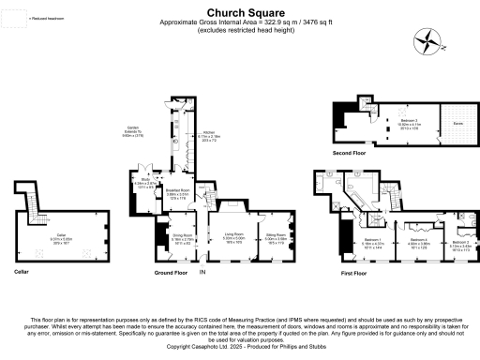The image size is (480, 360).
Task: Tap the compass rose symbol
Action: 430,39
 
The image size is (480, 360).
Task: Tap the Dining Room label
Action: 182,237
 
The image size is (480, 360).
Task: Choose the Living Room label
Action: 232,237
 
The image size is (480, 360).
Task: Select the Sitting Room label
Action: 275,237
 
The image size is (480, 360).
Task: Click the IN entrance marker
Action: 201,272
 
